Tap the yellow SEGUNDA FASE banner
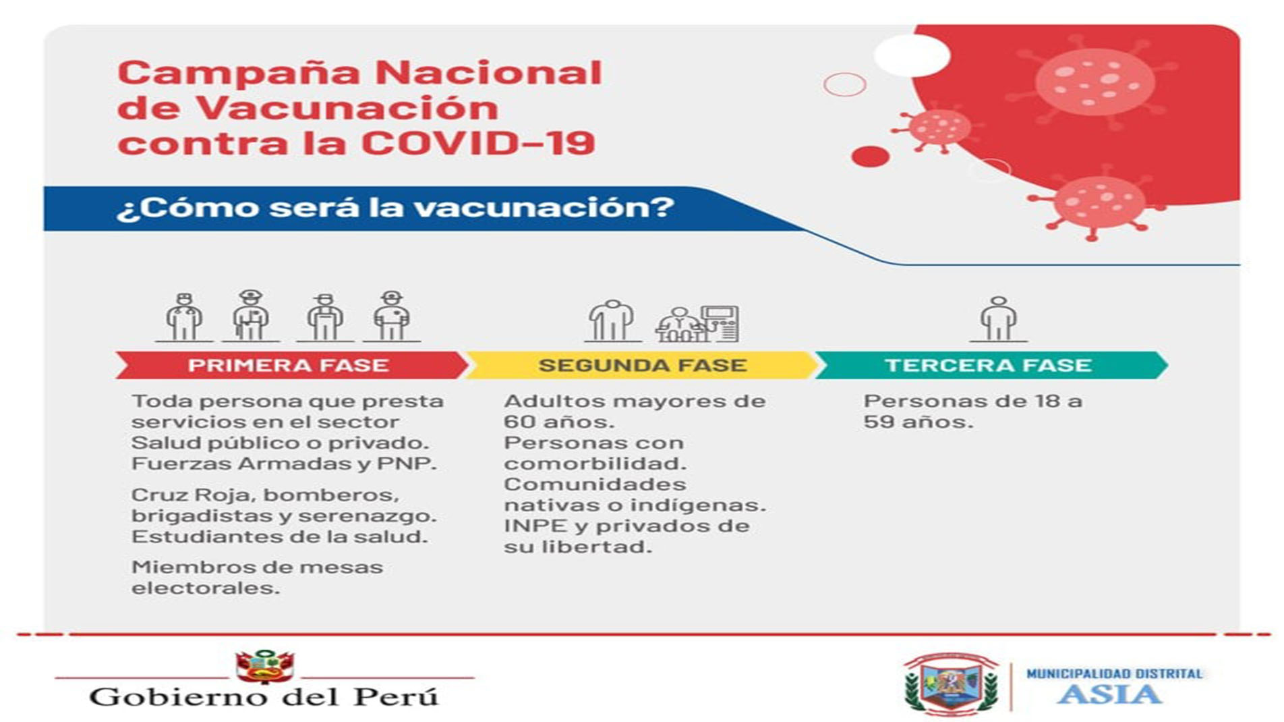[641, 365]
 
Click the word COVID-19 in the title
[478, 143]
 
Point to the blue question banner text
[395, 207]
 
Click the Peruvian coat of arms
[264, 666]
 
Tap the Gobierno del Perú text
[264, 696]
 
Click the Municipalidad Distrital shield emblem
[951, 684]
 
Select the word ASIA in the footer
[1109, 694]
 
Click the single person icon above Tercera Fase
[999, 319]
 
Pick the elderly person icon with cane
[611, 321]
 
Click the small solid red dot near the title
[871, 157]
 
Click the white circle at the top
[912, 55]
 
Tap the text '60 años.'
[559, 422]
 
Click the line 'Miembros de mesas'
[257, 567]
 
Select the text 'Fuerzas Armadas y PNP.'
[284, 464]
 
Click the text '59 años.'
[918, 422]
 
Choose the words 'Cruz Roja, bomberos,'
[265, 495]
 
